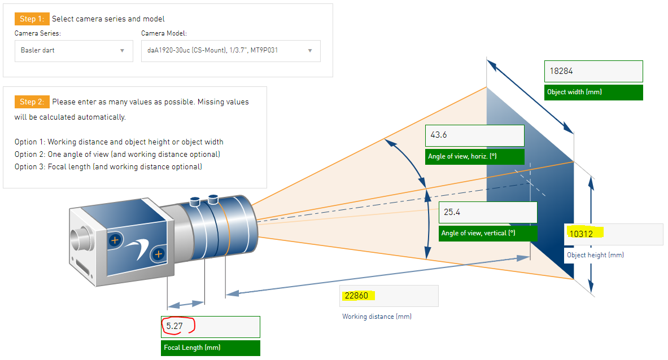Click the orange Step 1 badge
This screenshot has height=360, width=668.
[x=32, y=19]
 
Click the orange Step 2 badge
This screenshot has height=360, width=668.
[x=32, y=102]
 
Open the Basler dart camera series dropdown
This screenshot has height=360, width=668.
[x=74, y=51]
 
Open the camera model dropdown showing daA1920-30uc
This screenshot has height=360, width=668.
[x=230, y=51]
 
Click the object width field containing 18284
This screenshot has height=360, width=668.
[x=593, y=71]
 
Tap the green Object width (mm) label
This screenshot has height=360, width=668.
[x=593, y=93]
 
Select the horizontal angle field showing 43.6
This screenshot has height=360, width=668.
[x=474, y=135]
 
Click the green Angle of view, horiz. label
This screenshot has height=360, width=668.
[x=474, y=157]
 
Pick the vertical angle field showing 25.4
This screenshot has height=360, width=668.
[x=488, y=212]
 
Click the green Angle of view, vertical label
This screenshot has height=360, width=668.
[x=488, y=233]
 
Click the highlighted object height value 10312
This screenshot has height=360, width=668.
[x=584, y=233]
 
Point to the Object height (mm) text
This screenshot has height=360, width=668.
[x=595, y=255]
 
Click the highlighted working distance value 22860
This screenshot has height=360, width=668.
[x=357, y=295]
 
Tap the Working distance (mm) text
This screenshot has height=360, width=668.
[x=377, y=317]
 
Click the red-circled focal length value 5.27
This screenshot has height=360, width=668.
[x=174, y=326]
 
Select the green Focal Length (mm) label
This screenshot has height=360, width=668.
[x=211, y=348]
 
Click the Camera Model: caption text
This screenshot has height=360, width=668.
[x=164, y=33]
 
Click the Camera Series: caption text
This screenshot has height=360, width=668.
[x=37, y=33]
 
